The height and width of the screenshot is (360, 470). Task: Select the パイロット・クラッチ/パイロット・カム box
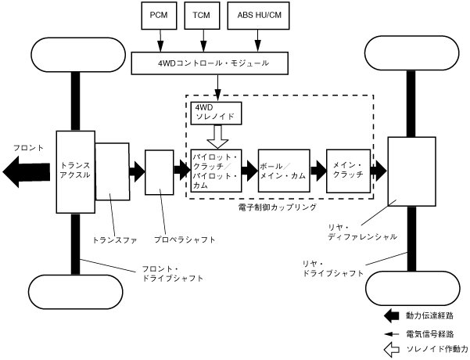click(x=217, y=171)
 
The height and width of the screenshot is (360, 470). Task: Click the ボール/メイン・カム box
click(x=283, y=171)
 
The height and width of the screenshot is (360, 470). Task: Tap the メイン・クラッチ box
click(x=347, y=171)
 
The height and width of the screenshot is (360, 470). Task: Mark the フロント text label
click(x=27, y=147)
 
